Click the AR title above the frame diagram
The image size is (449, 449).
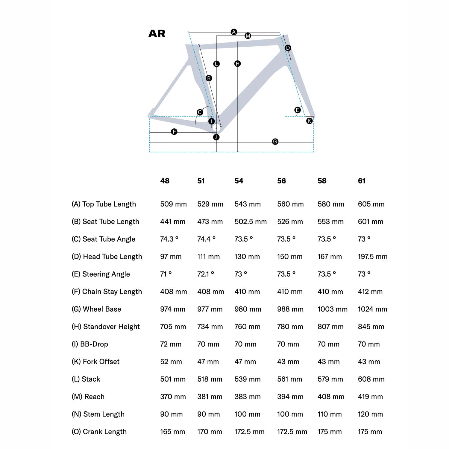pyautogui.click(x=157, y=34)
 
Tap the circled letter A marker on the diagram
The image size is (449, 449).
pyautogui.click(x=234, y=32)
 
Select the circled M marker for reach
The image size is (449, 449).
pyautogui.click(x=248, y=36)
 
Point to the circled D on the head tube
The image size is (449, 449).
pyautogui.click(x=288, y=48)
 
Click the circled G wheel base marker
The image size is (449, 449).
pyautogui.click(x=275, y=142)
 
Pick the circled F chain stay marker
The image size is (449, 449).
pyautogui.click(x=174, y=132)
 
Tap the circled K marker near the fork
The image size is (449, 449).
pyautogui.click(x=309, y=121)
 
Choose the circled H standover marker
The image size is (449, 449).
pyautogui.click(x=237, y=63)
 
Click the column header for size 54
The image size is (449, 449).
pyautogui.click(x=239, y=181)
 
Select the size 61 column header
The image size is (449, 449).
pyautogui.click(x=362, y=181)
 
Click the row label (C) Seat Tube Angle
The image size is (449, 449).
pyautogui.click(x=104, y=239)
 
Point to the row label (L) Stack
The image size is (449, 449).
pyautogui.click(x=86, y=379)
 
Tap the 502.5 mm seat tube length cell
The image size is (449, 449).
pyautogui.click(x=251, y=222)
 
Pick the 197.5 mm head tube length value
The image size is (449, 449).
pyautogui.click(x=373, y=257)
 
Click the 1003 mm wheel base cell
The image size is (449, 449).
pyautogui.click(x=333, y=309)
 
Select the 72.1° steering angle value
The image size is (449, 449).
pyautogui.click(x=206, y=274)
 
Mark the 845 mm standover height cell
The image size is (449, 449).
pyautogui.click(x=371, y=327)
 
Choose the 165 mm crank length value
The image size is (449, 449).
pyautogui.click(x=172, y=432)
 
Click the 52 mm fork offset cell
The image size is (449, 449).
pyautogui.click(x=171, y=362)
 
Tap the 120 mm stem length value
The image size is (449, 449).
pyautogui.click(x=370, y=414)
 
